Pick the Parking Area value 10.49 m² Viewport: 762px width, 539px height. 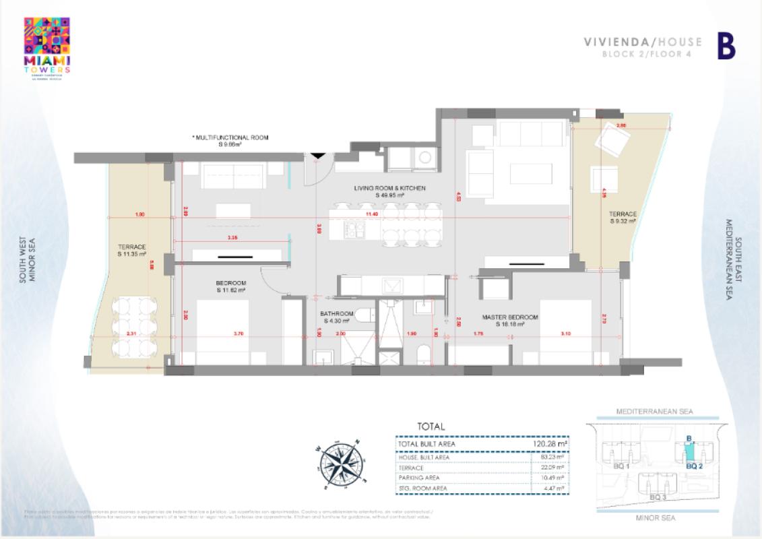pos(557,478)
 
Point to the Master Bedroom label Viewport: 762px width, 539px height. pos(509,320)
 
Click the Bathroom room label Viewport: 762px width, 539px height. pos(337,317)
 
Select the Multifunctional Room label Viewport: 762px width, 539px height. pos(231,140)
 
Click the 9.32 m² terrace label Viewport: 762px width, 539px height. pos(623,217)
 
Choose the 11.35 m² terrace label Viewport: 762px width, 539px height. pos(132,250)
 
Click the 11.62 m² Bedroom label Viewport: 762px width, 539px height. pos(231,286)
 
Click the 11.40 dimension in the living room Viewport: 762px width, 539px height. pos(372,214)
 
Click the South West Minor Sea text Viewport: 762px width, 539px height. pos(26,259)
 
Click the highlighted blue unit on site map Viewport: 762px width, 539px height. pos(689,452)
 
